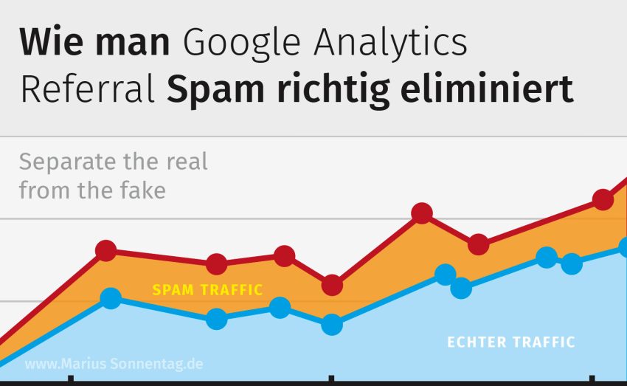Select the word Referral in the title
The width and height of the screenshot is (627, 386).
[x=88, y=90]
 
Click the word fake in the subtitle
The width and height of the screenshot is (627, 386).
[x=141, y=190]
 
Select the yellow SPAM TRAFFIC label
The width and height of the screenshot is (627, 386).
[x=207, y=290]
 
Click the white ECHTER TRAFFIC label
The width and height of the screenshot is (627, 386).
[x=511, y=342]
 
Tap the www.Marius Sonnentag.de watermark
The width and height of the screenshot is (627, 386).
[x=114, y=365]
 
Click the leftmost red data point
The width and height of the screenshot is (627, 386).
[x=106, y=251]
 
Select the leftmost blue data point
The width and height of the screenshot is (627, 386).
[x=111, y=299]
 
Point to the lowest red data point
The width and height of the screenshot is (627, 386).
[x=332, y=284]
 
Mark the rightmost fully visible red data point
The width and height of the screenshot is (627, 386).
[x=603, y=199]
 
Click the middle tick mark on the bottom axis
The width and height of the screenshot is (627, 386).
[x=329, y=380]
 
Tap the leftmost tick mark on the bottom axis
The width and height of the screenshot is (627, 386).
[x=71, y=380]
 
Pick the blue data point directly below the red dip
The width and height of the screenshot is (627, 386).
[x=332, y=324]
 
